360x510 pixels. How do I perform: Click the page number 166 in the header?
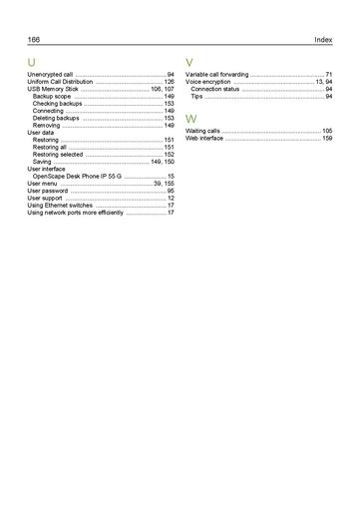(x=34, y=40)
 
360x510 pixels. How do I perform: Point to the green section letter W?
(x=191, y=119)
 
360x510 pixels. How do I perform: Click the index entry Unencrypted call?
(x=50, y=75)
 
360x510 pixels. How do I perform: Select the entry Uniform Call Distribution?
(x=60, y=82)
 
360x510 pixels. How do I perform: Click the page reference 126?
(x=169, y=82)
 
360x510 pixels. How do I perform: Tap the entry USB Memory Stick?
(x=53, y=89)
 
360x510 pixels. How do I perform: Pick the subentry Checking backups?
(x=57, y=104)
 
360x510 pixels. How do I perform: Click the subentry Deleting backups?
(x=56, y=118)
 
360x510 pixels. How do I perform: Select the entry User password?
(x=49, y=191)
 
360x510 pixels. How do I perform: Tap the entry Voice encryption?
(x=208, y=82)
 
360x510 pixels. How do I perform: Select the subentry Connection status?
(x=215, y=89)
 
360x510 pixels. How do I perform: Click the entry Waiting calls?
(x=203, y=131)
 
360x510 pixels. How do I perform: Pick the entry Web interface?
(x=204, y=138)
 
